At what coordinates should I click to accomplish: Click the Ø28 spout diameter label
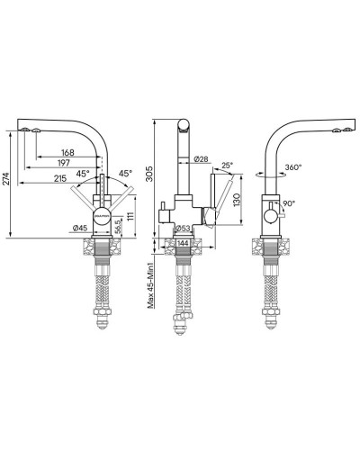pos(201,159)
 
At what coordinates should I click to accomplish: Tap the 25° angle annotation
pos(228,166)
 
